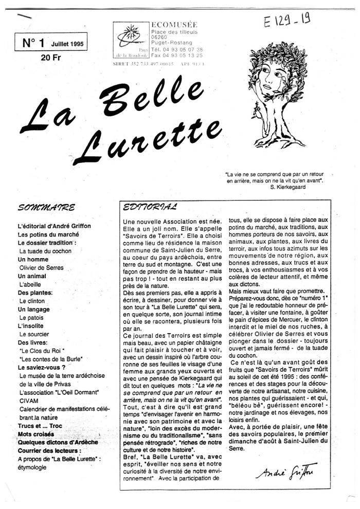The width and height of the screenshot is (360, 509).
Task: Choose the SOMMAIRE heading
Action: [46, 208]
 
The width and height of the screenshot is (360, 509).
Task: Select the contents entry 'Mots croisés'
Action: [35, 434]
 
